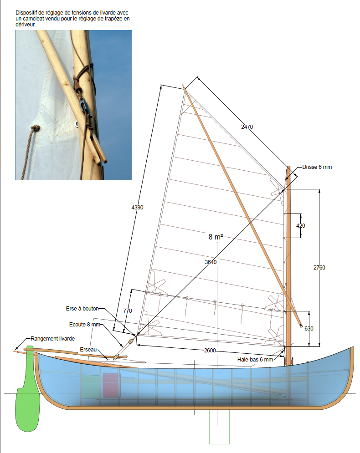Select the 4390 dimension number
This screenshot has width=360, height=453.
[137, 207]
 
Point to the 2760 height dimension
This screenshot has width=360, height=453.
[319, 268]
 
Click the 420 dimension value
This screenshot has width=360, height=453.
[301, 226]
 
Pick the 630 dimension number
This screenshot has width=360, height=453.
[309, 328]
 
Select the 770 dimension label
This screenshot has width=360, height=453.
[128, 311]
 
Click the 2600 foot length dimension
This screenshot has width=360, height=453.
[210, 351]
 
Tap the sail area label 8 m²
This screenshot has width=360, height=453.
[216, 237]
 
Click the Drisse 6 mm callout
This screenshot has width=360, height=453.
[317, 167]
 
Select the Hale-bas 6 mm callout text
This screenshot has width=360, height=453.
[255, 359]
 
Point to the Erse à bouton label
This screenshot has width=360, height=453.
[82, 308]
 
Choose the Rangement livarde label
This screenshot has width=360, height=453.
[52, 339]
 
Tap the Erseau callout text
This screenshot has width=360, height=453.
[87, 349]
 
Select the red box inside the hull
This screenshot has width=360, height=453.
[110, 386]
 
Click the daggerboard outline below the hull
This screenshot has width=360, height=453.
[219, 428]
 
